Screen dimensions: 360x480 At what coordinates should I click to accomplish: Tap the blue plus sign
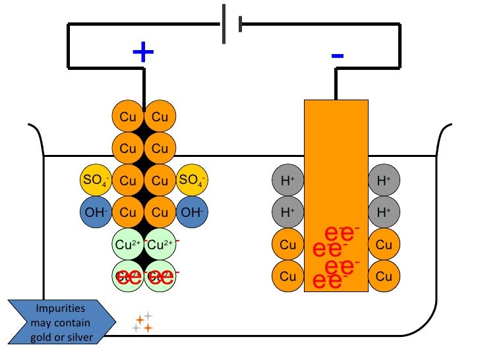(x=143, y=53)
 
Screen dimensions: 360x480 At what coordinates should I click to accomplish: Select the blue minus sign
(x=337, y=55)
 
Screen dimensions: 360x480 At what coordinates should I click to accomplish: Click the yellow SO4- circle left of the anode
(x=96, y=180)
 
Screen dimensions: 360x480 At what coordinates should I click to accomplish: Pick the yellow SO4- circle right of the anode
(x=192, y=180)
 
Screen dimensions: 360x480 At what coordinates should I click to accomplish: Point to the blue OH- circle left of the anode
(x=96, y=212)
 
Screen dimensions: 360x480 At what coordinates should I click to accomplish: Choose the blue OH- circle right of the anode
(x=192, y=212)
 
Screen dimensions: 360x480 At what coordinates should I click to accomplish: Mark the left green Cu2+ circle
(x=128, y=245)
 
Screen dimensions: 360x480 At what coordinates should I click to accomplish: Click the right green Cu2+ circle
(x=160, y=245)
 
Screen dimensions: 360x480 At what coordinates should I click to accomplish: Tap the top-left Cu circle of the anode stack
(x=128, y=117)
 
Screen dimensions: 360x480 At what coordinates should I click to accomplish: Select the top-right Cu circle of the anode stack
(x=160, y=117)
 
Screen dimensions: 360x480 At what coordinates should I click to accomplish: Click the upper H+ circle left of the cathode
(x=288, y=180)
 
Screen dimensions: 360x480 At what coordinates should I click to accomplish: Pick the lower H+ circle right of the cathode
(x=384, y=212)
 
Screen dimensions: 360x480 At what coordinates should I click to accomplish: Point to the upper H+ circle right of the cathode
(x=384, y=180)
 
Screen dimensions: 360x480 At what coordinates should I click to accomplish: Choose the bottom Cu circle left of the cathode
(x=288, y=276)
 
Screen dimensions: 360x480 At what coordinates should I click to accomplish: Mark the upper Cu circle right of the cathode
(x=384, y=245)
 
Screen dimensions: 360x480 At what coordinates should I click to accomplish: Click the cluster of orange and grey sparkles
(x=142, y=322)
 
